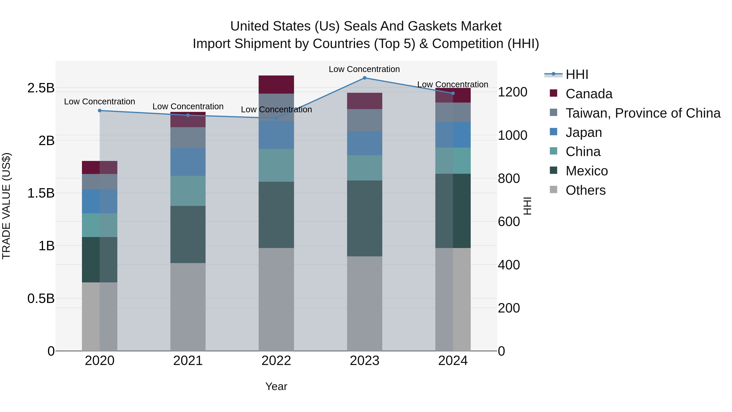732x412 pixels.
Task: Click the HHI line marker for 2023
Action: pos(365,78)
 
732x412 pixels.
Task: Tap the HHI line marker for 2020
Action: pos(100,111)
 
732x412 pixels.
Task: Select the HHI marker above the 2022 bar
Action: pos(276,118)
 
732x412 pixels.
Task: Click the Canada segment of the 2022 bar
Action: pos(276,84)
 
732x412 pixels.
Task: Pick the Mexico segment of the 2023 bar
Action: pos(365,218)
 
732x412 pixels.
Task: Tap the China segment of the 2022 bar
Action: pos(276,165)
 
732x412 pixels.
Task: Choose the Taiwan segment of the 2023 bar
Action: pos(365,120)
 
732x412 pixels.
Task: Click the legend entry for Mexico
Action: pos(586,171)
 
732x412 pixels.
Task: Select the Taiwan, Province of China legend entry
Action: pos(643,113)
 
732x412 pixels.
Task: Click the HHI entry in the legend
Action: pos(577,74)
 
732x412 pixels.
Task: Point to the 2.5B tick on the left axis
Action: pos(41,88)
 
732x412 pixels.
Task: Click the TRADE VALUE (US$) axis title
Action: pos(6,206)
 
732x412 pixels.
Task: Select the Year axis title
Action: pos(276,386)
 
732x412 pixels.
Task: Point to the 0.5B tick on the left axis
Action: pos(41,298)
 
